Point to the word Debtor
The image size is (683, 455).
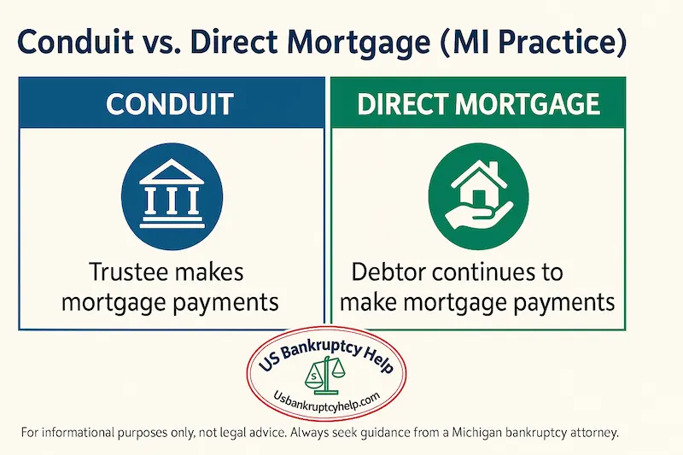394,273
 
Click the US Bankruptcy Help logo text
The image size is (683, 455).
339,358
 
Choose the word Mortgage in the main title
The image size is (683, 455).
377,40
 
